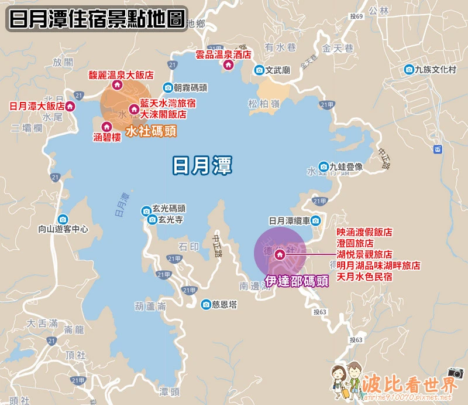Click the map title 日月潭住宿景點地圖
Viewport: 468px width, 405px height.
pyautogui.click(x=97, y=19)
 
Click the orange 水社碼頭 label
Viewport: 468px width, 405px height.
pyautogui.click(x=151, y=131)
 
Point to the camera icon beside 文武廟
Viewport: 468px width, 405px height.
pyautogui.click(x=259, y=70)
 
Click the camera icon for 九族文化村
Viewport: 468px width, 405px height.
pyautogui.click(x=409, y=70)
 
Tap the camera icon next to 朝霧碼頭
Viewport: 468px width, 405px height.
pyautogui.click(x=168, y=88)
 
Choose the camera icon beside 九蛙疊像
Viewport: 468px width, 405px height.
pyautogui.click(x=324, y=166)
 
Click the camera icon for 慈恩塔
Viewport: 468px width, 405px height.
pyautogui.click(x=206, y=304)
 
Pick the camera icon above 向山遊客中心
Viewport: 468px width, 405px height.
pyautogui.click(x=63, y=218)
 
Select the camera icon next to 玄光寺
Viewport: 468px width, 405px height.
pyautogui.click(x=153, y=219)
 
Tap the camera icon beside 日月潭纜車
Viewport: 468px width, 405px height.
pyautogui.click(x=316, y=221)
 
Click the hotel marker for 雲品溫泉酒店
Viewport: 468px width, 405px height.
pyautogui.click(x=228, y=65)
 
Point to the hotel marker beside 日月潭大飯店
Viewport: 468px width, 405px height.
pyautogui.click(x=71, y=107)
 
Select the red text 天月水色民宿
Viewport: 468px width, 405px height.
pyautogui.click(x=364, y=276)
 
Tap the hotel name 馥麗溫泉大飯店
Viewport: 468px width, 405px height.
pyautogui.click(x=121, y=75)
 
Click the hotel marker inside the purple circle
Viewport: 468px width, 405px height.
pyautogui.click(x=280, y=254)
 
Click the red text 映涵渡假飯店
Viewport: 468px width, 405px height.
pyautogui.click(x=364, y=232)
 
